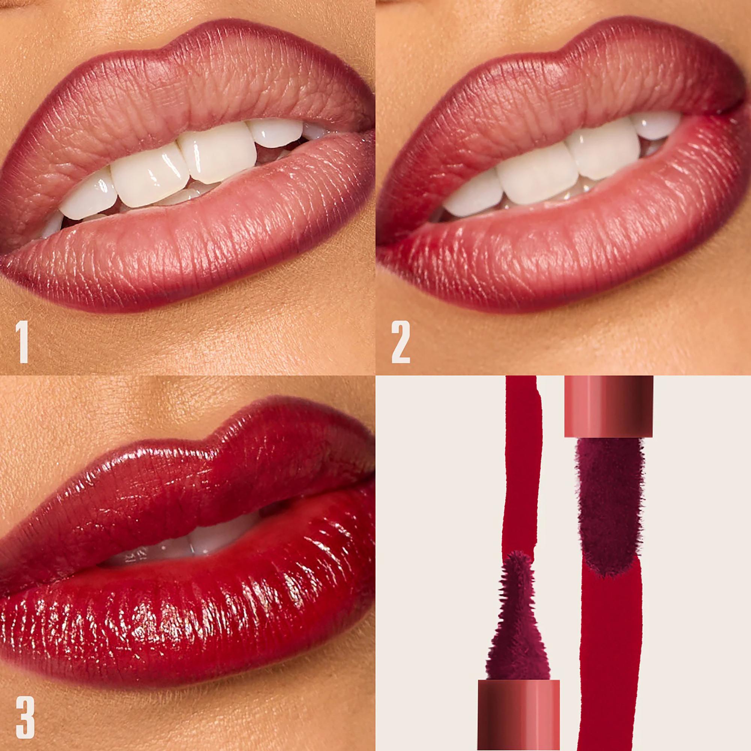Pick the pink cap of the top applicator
click(x=608, y=406)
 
